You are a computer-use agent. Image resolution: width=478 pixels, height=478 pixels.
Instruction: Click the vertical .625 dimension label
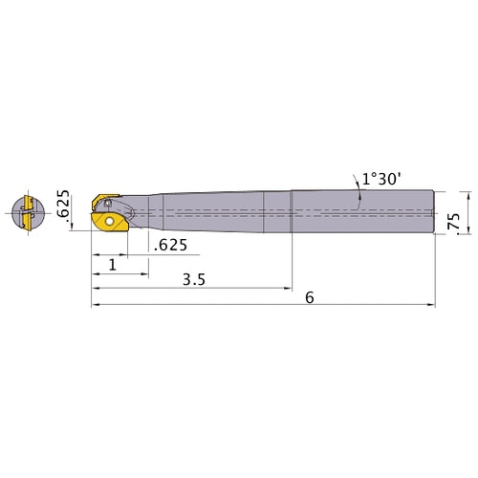pyautogui.click(x=63, y=204)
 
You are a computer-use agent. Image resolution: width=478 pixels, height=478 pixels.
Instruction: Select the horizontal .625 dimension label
pyautogui.click(x=170, y=245)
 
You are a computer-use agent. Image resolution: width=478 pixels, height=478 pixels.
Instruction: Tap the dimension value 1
pyautogui.click(x=113, y=265)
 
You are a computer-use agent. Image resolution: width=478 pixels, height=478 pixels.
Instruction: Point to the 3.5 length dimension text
pyautogui.click(x=194, y=280)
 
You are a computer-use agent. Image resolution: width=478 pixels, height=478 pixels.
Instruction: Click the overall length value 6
pyautogui.click(x=310, y=297)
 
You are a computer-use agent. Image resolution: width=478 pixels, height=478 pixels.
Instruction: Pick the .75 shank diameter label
pyautogui.click(x=453, y=223)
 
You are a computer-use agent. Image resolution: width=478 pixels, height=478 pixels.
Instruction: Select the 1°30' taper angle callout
pyautogui.click(x=380, y=179)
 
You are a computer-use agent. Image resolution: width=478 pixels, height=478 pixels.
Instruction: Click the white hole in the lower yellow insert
pyautogui.click(x=110, y=221)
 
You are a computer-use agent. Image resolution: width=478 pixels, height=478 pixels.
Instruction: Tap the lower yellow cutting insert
pyautogui.click(x=110, y=222)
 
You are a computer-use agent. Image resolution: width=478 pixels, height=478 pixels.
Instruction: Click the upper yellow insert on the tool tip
pyautogui.click(x=104, y=200)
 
